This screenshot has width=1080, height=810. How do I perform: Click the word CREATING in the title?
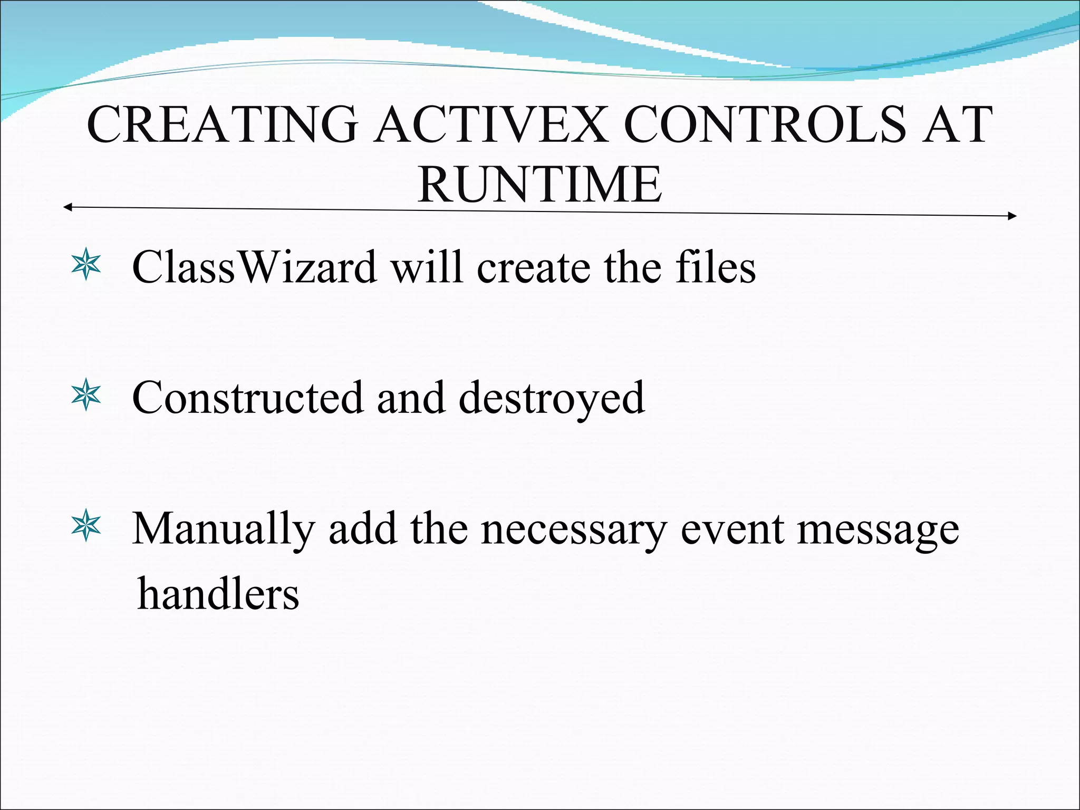221,125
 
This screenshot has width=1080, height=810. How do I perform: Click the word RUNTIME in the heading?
539,185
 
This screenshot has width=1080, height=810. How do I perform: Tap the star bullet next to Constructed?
85,397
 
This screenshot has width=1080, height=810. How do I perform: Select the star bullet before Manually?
85,527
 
